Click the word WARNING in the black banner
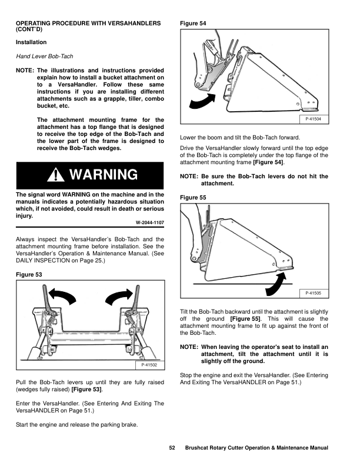tap(103, 175)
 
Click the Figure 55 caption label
tap(193, 198)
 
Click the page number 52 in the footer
tap(172, 448)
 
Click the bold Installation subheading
tap(31, 42)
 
